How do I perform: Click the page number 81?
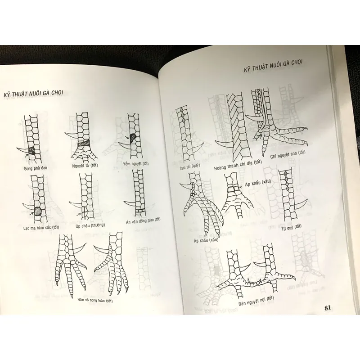coord(328,308)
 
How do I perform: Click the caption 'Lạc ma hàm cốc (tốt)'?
coord(42,228)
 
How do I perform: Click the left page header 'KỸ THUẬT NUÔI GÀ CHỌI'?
coord(33,93)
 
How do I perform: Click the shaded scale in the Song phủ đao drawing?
coord(32,150)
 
